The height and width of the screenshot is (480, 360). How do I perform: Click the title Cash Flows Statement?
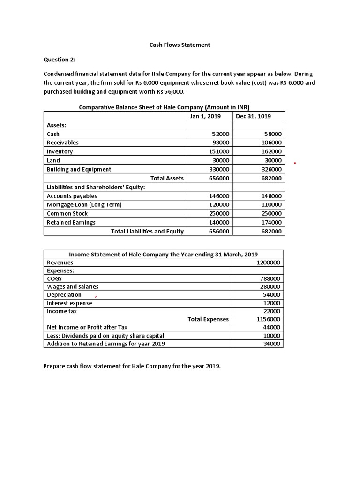[180, 45]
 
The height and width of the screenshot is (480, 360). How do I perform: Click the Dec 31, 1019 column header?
[253, 116]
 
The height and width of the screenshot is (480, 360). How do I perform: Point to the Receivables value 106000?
[272, 142]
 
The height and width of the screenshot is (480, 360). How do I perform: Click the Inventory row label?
[60, 151]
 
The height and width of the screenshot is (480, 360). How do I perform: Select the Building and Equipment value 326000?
[272, 169]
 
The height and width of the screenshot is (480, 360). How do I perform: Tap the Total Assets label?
[167, 178]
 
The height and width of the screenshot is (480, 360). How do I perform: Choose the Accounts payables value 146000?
[219, 196]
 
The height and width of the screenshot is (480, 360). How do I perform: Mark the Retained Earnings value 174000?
[272, 223]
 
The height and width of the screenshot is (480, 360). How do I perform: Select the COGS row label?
[54, 278]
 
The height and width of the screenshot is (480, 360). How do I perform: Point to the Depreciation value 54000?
[271, 295]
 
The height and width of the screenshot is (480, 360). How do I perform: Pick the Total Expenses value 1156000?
[269, 319]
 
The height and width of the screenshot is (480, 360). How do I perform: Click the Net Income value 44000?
[271, 327]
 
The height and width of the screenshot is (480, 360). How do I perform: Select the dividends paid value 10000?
[271, 336]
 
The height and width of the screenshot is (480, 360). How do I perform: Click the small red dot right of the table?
[294, 163]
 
